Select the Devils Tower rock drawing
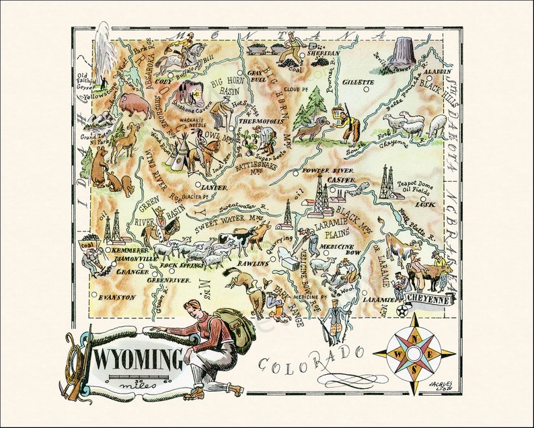click(404, 50)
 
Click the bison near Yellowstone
click(137, 106)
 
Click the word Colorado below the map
click(312, 359)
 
